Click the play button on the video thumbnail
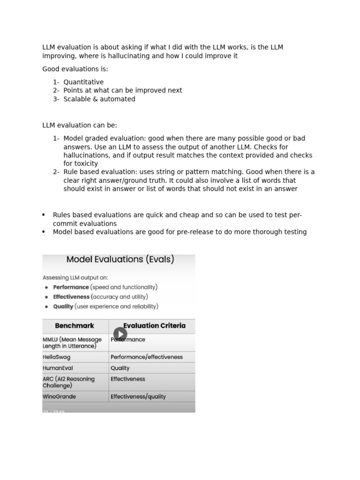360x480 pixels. click(120, 334)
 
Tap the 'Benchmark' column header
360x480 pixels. click(75, 326)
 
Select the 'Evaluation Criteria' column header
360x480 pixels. click(154, 326)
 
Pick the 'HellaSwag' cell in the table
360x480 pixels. click(57, 357)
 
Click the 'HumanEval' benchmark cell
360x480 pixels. click(58, 368)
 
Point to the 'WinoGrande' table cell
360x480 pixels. click(59, 397)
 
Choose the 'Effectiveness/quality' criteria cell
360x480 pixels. click(138, 397)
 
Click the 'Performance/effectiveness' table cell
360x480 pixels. click(147, 357)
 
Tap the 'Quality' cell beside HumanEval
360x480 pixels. click(120, 368)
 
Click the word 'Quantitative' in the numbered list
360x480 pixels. click(83, 82)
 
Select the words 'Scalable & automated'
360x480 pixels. click(99, 99)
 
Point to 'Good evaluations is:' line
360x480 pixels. click(75, 69)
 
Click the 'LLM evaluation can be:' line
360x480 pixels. click(80, 125)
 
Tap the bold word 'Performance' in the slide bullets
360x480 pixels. click(71, 287)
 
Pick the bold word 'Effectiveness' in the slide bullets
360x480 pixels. click(71, 297)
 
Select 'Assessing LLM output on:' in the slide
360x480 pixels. click(75, 277)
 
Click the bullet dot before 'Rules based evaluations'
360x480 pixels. click(44, 215)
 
